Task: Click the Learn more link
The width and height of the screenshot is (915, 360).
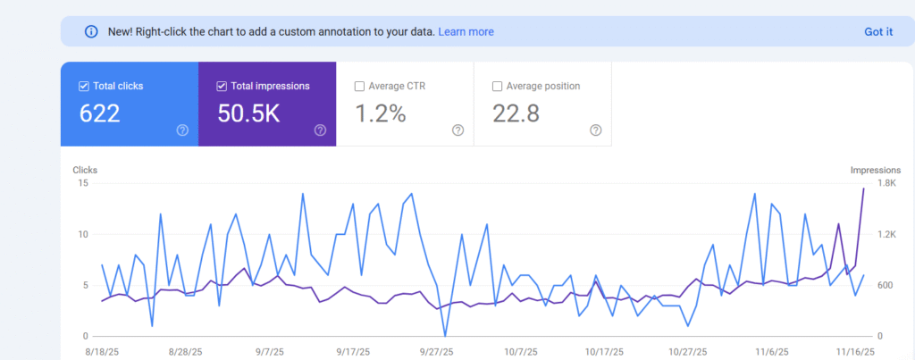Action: (466, 31)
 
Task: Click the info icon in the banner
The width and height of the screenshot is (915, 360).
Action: (90, 31)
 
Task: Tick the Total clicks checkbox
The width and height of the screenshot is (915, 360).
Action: (84, 87)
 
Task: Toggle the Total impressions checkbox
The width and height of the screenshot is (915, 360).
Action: (222, 87)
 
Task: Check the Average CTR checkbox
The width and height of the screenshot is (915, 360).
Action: (359, 87)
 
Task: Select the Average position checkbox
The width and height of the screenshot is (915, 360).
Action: (497, 87)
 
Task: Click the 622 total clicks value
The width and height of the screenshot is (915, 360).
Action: (99, 113)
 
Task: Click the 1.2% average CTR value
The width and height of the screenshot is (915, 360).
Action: (381, 113)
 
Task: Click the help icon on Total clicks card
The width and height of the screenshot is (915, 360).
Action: (182, 130)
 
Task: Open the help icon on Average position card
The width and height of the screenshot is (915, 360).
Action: (596, 130)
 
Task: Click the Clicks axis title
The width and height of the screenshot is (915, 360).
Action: (86, 170)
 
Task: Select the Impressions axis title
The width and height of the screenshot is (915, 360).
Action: (875, 170)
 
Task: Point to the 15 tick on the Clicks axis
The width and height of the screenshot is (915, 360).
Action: (82, 183)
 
